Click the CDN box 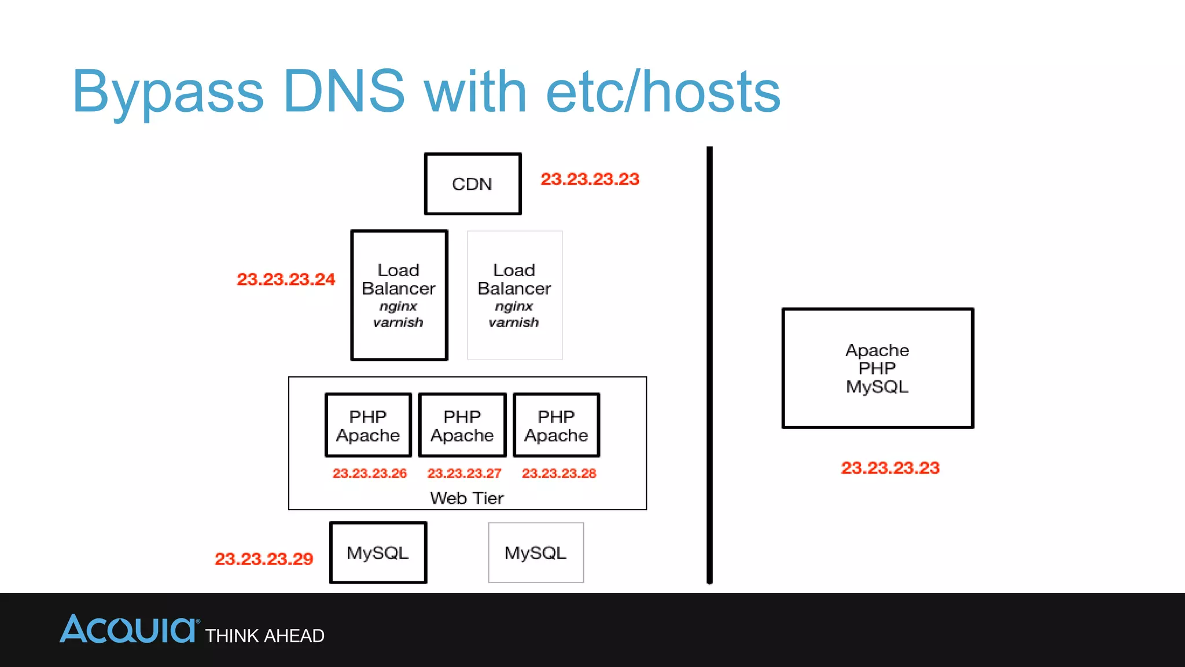[473, 184]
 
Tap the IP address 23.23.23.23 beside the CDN [590, 179]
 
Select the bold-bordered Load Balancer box [399, 295]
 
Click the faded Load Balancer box [514, 295]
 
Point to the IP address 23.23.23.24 [286, 279]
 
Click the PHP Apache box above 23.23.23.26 [368, 426]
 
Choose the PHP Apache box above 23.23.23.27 [462, 426]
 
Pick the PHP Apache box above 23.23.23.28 [556, 426]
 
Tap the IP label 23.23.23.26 [369, 473]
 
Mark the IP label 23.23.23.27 [464, 473]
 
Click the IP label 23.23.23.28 [559, 473]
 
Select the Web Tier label [467, 498]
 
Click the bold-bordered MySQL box [378, 553]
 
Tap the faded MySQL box [536, 553]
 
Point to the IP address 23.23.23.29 [264, 559]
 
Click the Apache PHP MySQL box [877, 368]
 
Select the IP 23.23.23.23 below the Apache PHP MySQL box [890, 468]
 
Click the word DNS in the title [344, 91]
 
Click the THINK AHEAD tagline [265, 636]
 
